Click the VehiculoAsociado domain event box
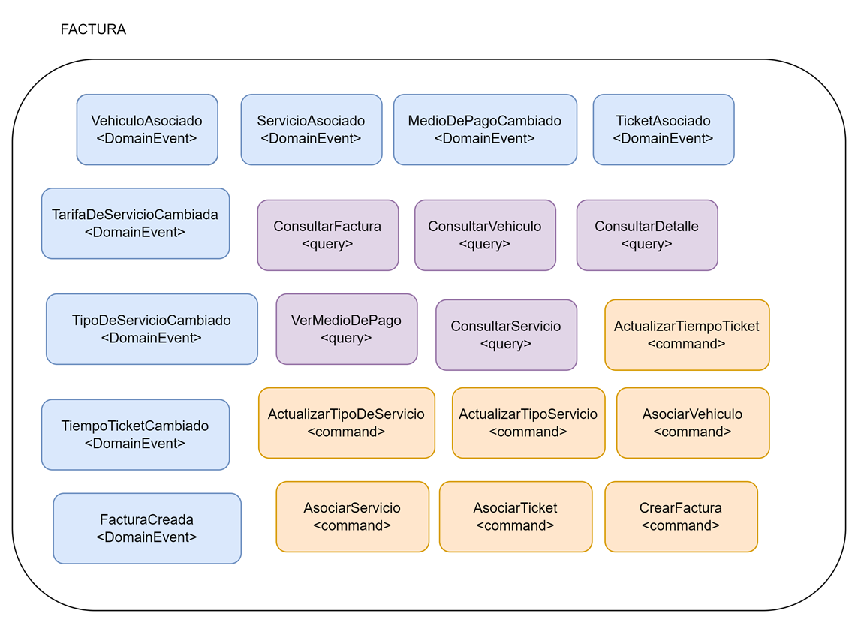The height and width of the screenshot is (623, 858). pyautogui.click(x=147, y=129)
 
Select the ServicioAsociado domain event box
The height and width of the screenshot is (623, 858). pyautogui.click(x=311, y=129)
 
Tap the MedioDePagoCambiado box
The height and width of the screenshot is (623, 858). pyautogui.click(x=485, y=129)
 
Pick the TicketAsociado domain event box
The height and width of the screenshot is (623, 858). pyautogui.click(x=663, y=129)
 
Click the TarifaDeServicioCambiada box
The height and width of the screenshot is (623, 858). pyautogui.click(x=135, y=223)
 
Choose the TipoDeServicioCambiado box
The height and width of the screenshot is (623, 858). pyautogui.click(x=152, y=329)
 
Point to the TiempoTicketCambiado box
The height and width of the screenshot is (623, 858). pyautogui.click(x=135, y=435)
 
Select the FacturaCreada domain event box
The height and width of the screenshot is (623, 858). pyautogui.click(x=147, y=528)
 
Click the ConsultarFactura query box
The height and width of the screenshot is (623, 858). pyautogui.click(x=327, y=235)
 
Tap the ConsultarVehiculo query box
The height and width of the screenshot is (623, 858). pyautogui.click(x=485, y=235)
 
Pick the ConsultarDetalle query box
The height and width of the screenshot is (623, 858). pyautogui.click(x=647, y=235)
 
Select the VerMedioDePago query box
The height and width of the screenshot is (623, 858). pyautogui.click(x=346, y=329)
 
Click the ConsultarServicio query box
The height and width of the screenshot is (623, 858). pyautogui.click(x=506, y=335)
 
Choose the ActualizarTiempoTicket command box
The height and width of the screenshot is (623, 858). pyautogui.click(x=687, y=335)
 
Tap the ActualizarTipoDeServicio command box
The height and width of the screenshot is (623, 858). pyautogui.click(x=346, y=423)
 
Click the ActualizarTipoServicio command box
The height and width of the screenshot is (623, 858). pyautogui.click(x=528, y=423)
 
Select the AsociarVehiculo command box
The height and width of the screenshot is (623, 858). pyautogui.click(x=693, y=423)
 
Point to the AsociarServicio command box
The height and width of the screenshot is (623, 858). pyautogui.click(x=352, y=516)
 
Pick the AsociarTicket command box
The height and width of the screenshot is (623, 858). pyautogui.click(x=516, y=516)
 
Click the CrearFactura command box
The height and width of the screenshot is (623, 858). pyautogui.click(x=681, y=516)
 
